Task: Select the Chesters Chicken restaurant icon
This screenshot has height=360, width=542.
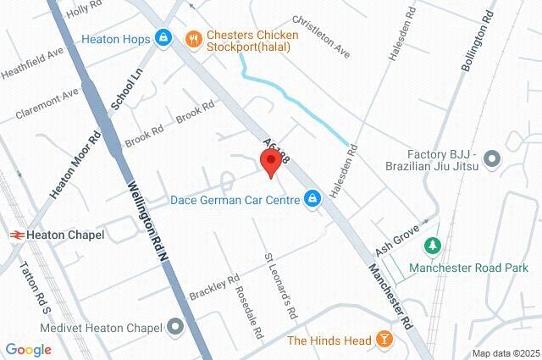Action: coord(194,38)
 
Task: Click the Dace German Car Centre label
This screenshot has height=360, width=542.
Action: coord(235,200)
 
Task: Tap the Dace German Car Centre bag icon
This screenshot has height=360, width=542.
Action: coord(313,199)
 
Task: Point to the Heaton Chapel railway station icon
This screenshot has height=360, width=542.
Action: coord(16,235)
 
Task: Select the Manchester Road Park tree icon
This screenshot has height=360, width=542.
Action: coord(433,246)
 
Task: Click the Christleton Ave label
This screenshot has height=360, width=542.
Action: coord(321,36)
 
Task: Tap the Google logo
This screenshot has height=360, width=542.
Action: coord(28,350)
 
